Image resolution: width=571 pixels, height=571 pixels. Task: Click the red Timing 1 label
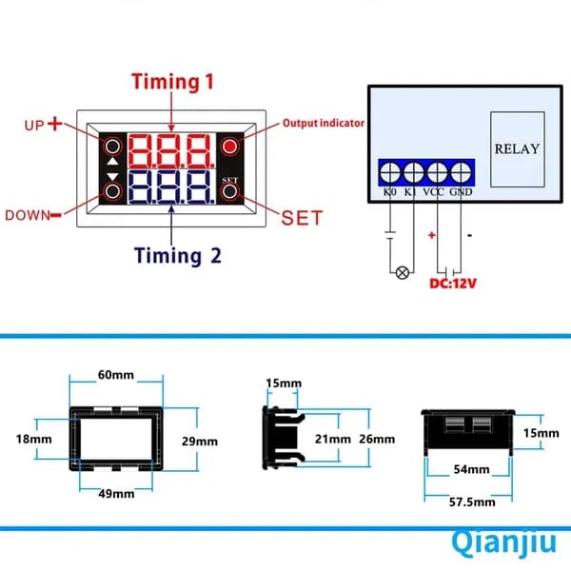click(172, 82)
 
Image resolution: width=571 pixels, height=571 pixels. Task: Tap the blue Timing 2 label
click(178, 255)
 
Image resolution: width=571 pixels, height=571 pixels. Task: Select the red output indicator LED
click(229, 147)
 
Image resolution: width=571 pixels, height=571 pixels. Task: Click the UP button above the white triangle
click(112, 147)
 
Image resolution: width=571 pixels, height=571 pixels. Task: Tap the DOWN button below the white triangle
click(112, 191)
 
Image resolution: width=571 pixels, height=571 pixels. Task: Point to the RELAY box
click(518, 149)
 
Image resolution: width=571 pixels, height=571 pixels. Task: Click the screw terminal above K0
click(390, 172)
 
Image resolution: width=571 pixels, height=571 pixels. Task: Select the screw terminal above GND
click(461, 172)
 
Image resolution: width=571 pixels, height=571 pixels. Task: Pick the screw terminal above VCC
click(438, 172)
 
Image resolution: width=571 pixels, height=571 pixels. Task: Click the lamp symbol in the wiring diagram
click(402, 272)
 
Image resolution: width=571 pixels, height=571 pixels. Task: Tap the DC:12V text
click(453, 284)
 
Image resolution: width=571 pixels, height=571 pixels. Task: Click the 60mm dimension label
click(116, 375)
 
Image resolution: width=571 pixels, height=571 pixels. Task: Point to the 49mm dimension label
click(116, 494)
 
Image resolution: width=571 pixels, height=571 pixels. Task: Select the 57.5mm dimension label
click(472, 502)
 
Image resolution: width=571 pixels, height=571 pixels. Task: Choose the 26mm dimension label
click(377, 439)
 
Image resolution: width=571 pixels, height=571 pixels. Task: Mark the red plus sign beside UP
click(55, 124)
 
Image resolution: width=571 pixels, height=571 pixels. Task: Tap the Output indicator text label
click(324, 123)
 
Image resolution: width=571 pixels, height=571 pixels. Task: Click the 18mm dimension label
click(33, 439)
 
